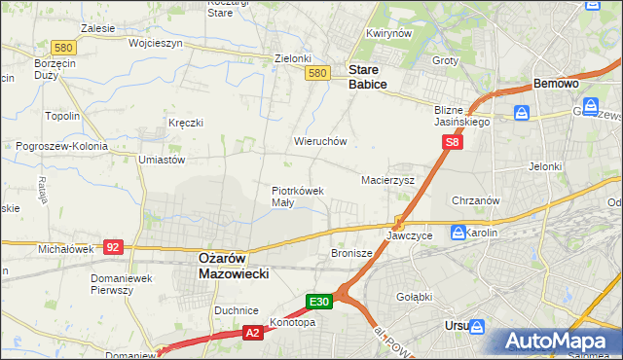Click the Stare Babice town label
368,78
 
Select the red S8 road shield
452,142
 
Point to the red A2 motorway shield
252,333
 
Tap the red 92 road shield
114,247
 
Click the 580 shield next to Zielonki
315,73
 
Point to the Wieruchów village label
320,141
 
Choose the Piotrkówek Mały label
297,197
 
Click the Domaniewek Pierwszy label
118,284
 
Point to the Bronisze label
352,253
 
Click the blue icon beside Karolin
458,231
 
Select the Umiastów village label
162,160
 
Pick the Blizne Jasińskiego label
461,117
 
